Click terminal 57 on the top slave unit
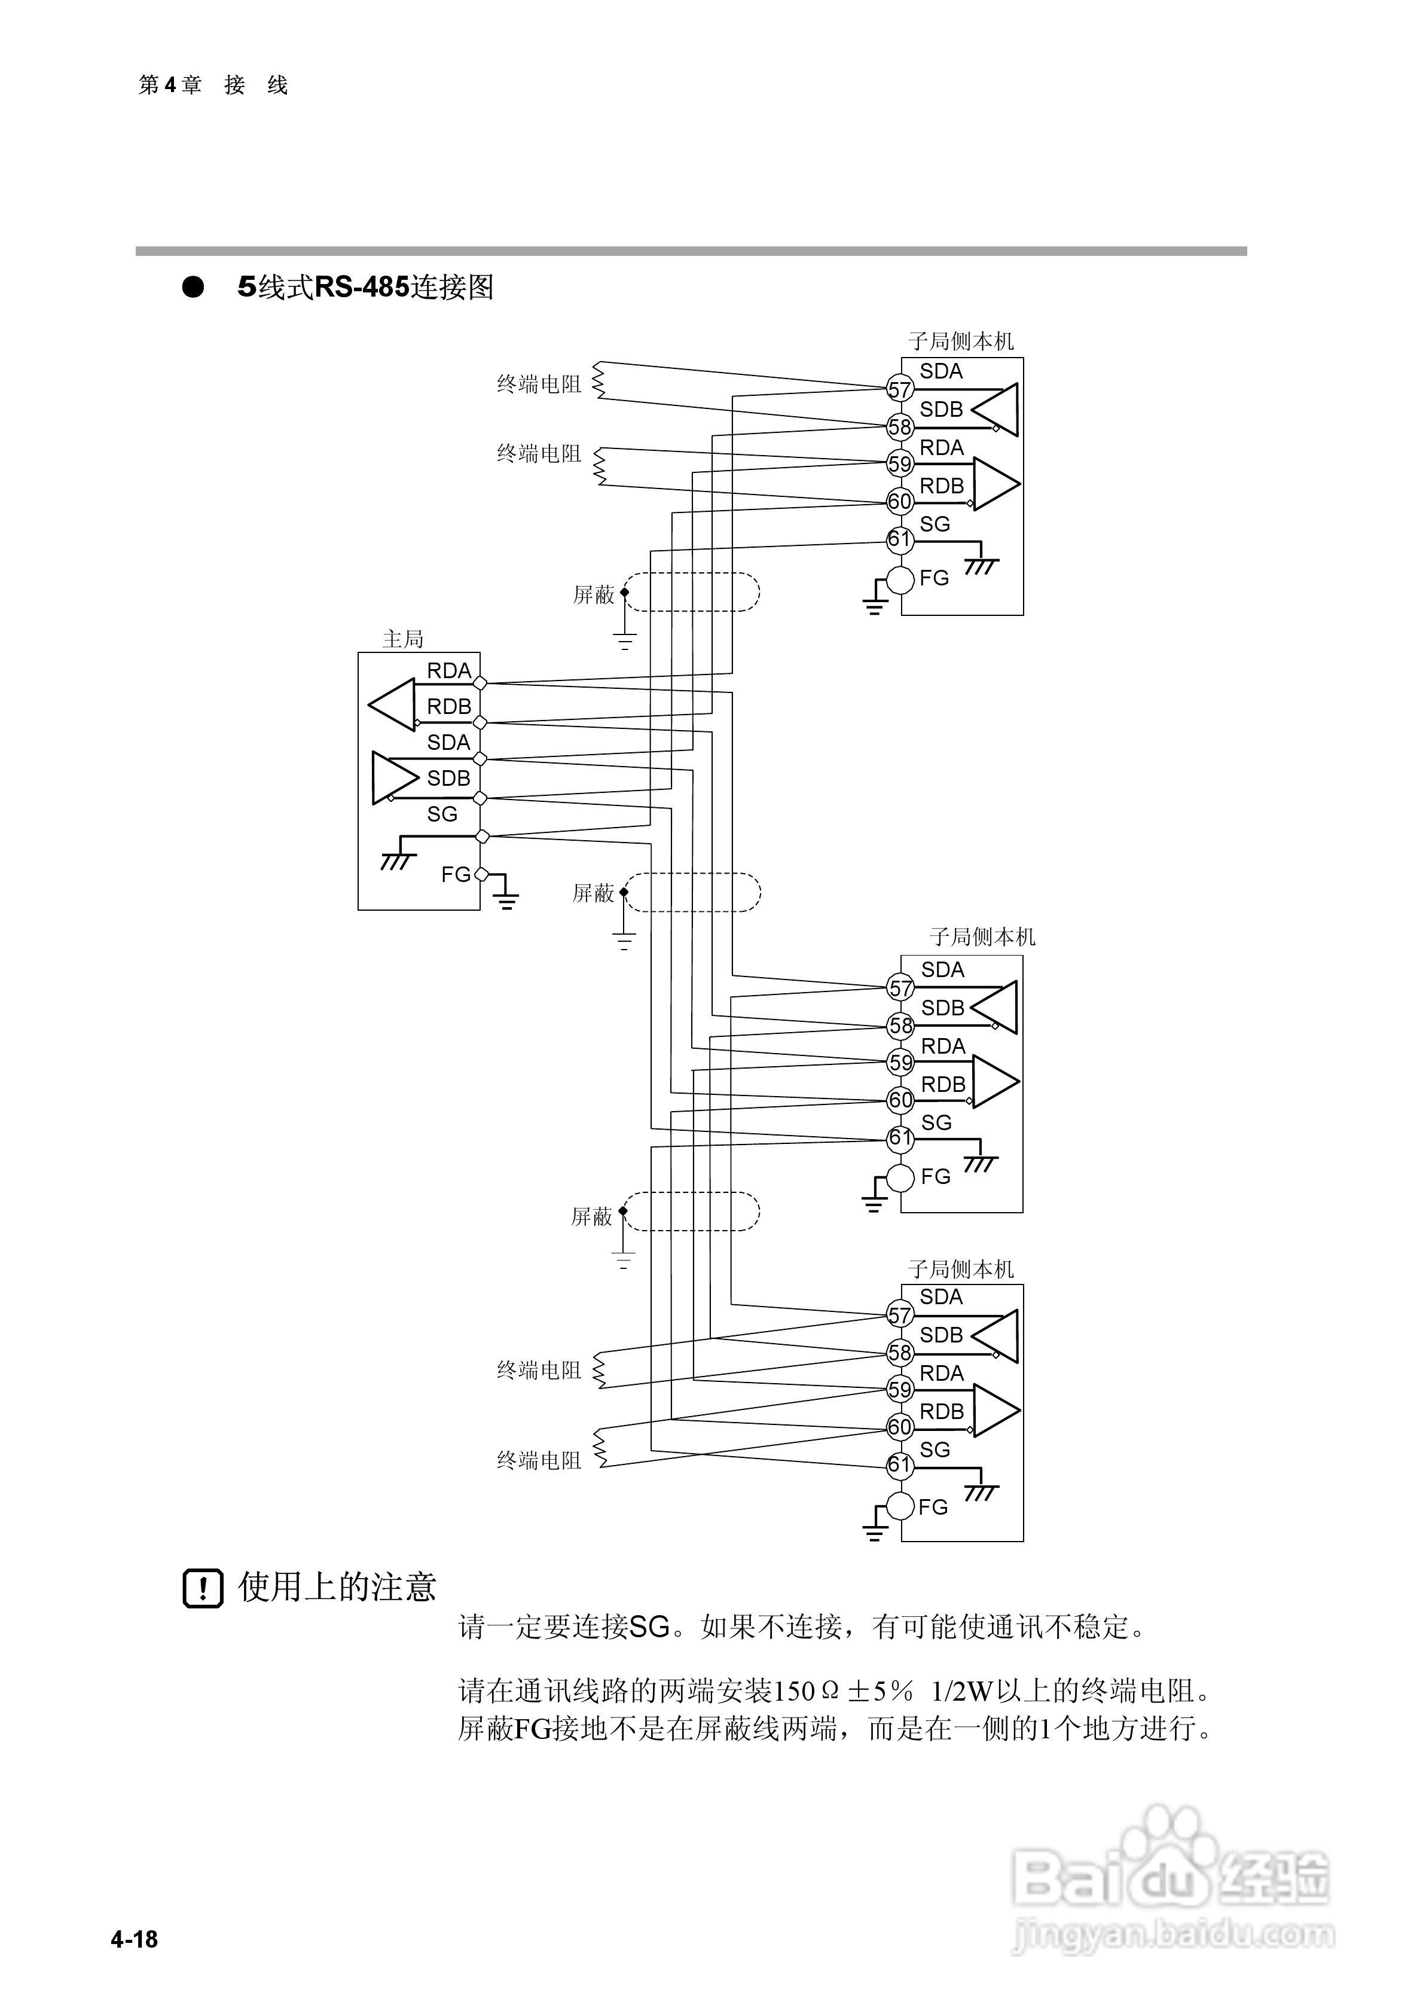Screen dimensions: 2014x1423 click(x=900, y=389)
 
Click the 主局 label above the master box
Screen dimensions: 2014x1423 click(x=403, y=639)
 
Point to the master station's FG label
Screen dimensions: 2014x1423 click(x=456, y=874)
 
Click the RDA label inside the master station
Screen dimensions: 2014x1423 click(x=449, y=671)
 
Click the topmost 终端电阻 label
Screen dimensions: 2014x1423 click(x=539, y=385)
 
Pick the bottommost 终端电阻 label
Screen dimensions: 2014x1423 click(x=539, y=1460)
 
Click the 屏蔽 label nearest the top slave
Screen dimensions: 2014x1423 click(x=594, y=596)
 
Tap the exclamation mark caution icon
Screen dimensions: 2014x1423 click(x=203, y=1588)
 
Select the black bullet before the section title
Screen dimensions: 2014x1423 click(x=193, y=288)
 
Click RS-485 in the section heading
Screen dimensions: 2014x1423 click(x=362, y=288)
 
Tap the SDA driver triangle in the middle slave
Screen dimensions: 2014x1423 click(x=996, y=1007)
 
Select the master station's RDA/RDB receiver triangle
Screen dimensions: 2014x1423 click(x=393, y=704)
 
